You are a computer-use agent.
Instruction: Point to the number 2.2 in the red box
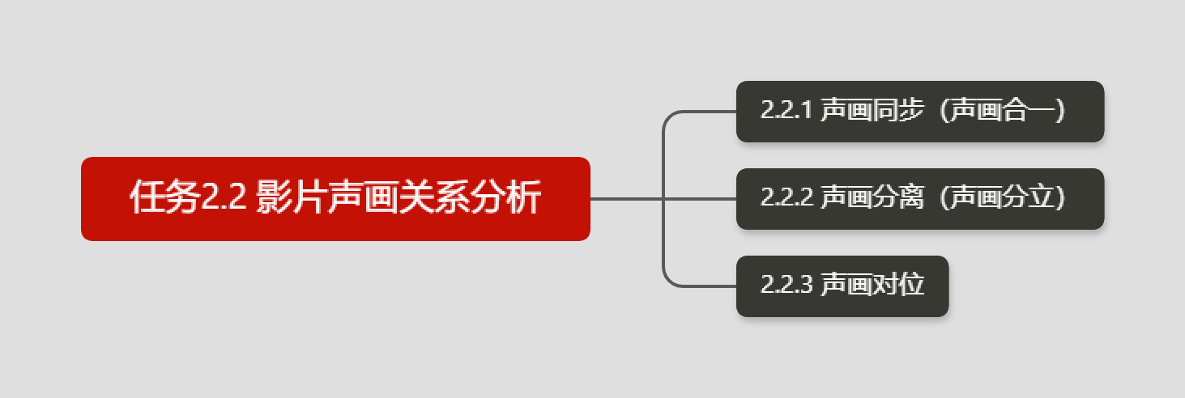223,199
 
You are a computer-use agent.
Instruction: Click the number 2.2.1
786,111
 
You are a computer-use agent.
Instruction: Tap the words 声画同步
872,111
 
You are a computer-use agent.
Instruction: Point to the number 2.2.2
786,198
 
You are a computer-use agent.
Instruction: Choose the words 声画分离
872,198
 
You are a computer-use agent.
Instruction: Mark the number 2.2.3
786,286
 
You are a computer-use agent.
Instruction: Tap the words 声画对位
872,286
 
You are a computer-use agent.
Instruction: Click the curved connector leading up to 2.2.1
667,121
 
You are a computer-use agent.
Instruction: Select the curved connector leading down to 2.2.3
667,275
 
